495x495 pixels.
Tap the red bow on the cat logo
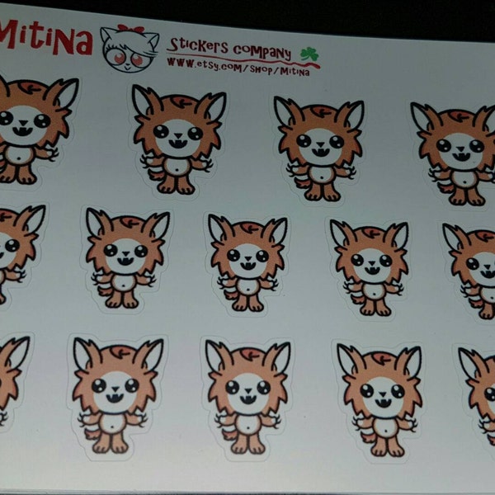pos(130,30)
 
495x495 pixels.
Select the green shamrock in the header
pos(309,54)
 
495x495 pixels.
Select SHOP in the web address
pos(257,67)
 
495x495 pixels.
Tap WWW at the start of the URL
pos(177,61)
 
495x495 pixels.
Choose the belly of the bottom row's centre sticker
pos(247,421)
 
